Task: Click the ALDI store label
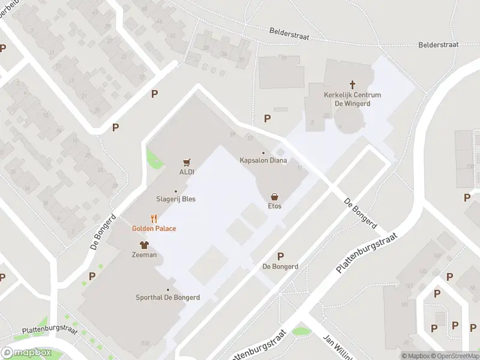pos(187,172)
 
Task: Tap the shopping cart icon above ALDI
pos(187,162)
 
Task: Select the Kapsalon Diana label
pos(263,160)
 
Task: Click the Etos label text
pos(275,206)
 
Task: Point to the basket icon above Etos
pos(275,196)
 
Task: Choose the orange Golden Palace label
pos(154,229)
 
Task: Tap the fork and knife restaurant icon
pos(154,219)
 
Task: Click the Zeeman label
pos(144,254)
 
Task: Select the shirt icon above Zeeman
pos(144,245)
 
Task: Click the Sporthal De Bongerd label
pos(168,297)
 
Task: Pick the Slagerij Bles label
pos(176,199)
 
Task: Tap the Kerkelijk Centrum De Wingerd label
pos(352,99)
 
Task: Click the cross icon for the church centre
pos(352,85)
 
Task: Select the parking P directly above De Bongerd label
pos(280,256)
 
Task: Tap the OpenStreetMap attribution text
pos(454,356)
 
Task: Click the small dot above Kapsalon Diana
pos(263,153)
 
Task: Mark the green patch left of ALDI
pos(154,158)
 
